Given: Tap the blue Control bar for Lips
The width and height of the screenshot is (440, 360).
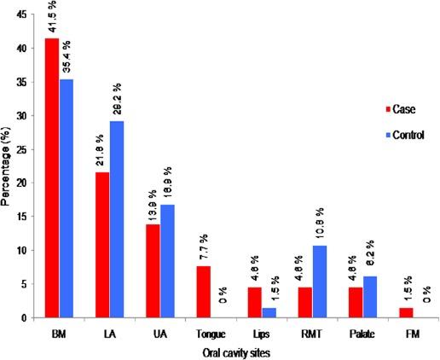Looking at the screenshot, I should coord(267,312).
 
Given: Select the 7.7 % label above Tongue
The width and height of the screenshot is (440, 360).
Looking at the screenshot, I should coord(203,248).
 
